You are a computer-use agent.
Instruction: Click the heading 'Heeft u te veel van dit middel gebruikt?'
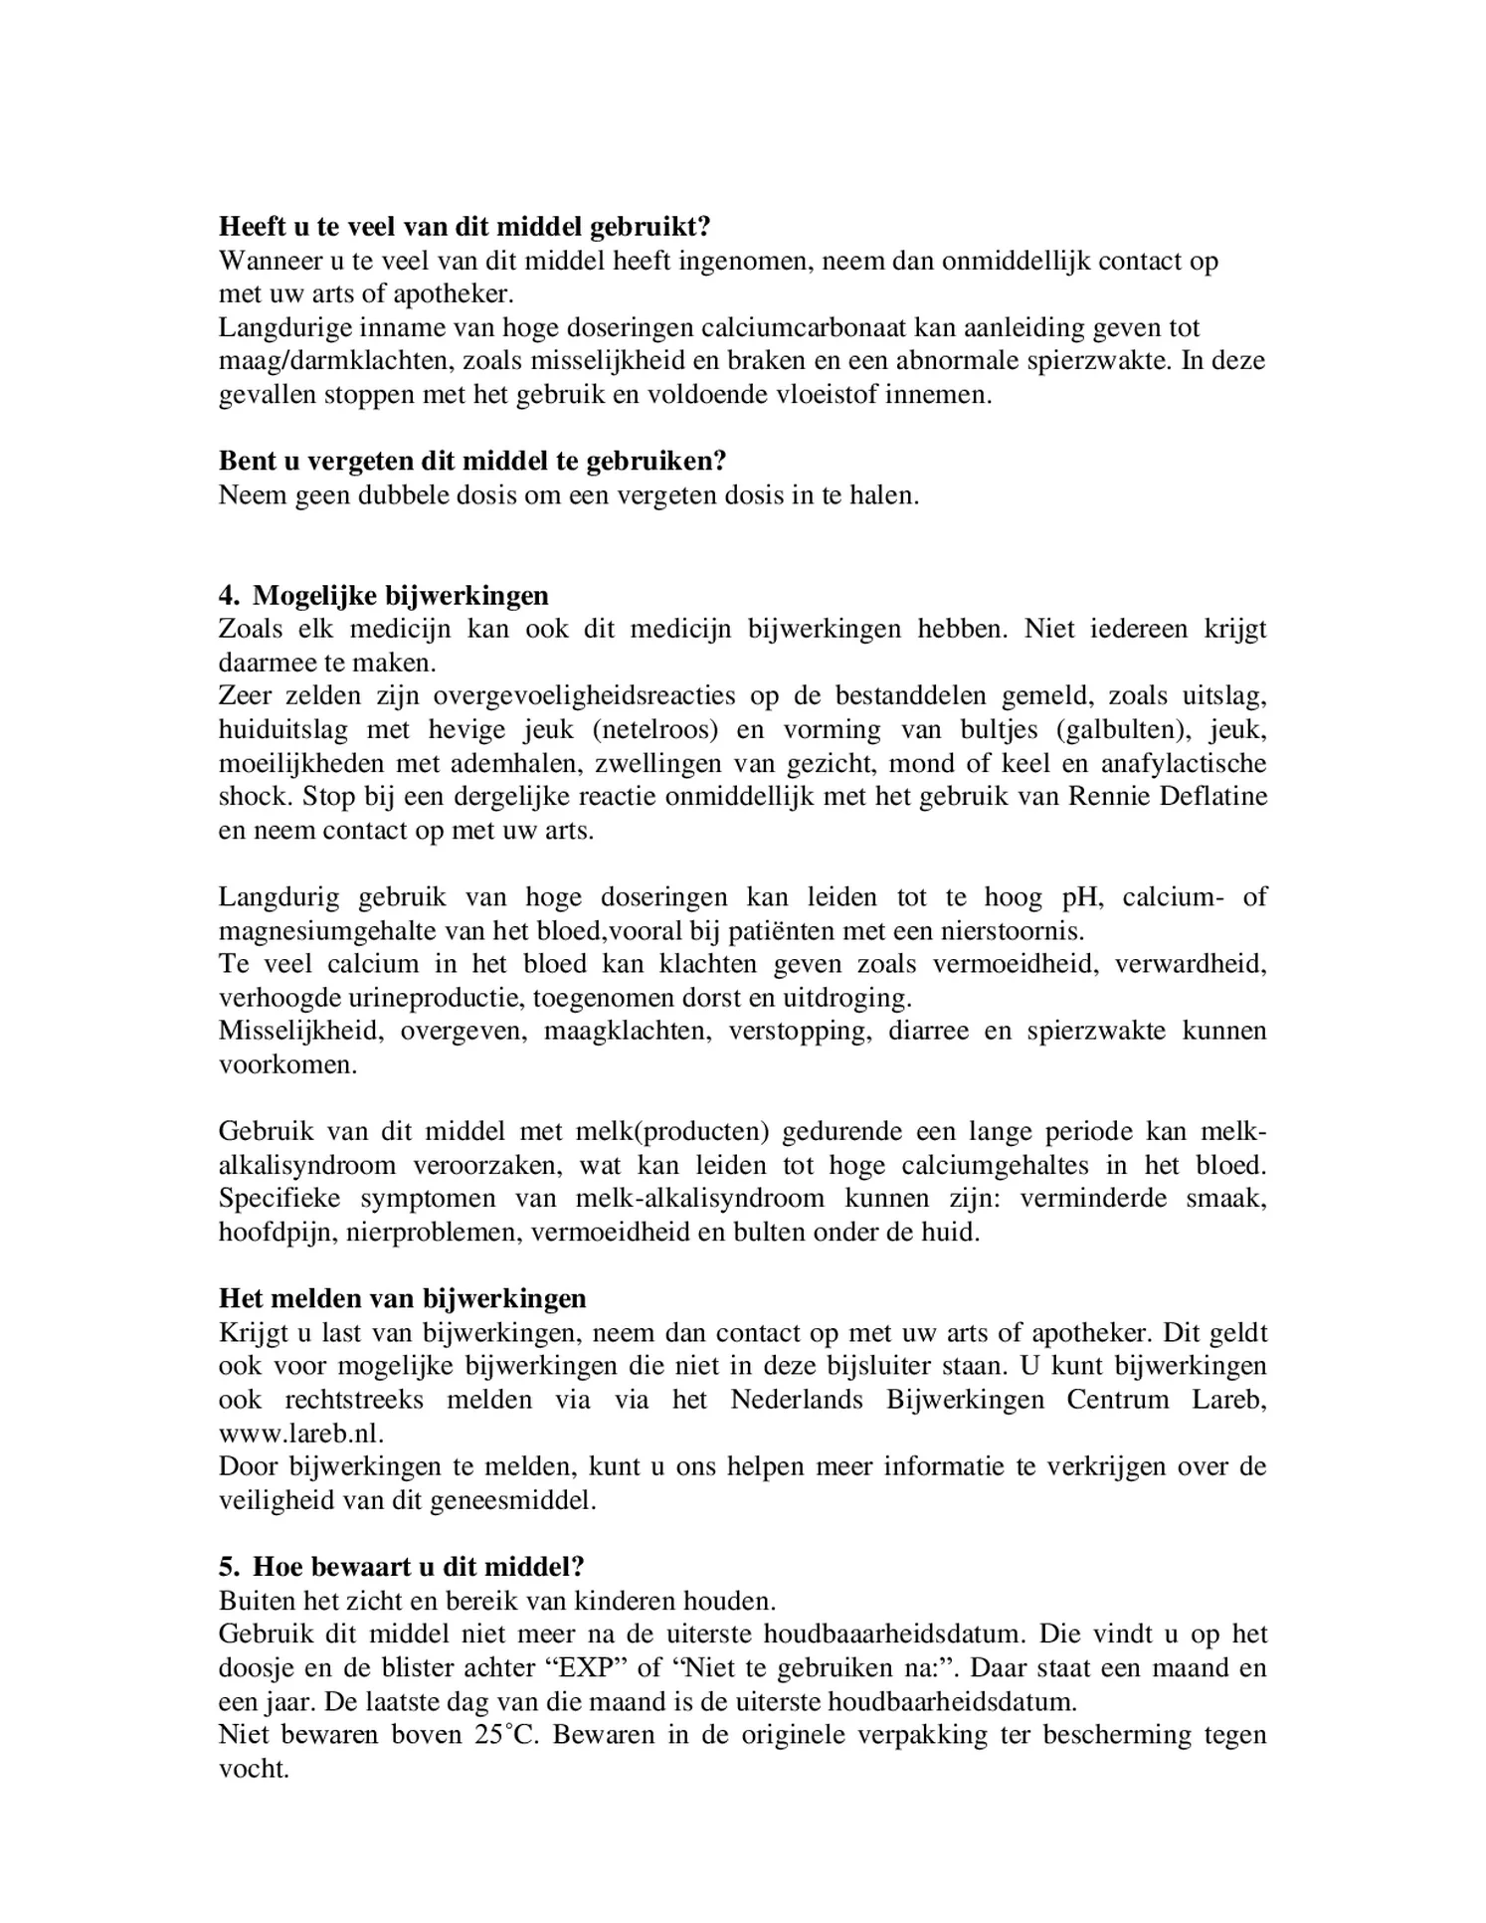click(x=464, y=227)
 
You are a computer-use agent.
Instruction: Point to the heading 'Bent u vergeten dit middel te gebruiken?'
click(x=472, y=462)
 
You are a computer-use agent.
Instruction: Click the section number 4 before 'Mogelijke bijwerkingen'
click(x=228, y=595)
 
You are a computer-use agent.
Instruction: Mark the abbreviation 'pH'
click(x=1081, y=897)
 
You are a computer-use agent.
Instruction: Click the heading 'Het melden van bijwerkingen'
click(x=403, y=1298)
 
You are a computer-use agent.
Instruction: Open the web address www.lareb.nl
click(x=300, y=1433)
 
